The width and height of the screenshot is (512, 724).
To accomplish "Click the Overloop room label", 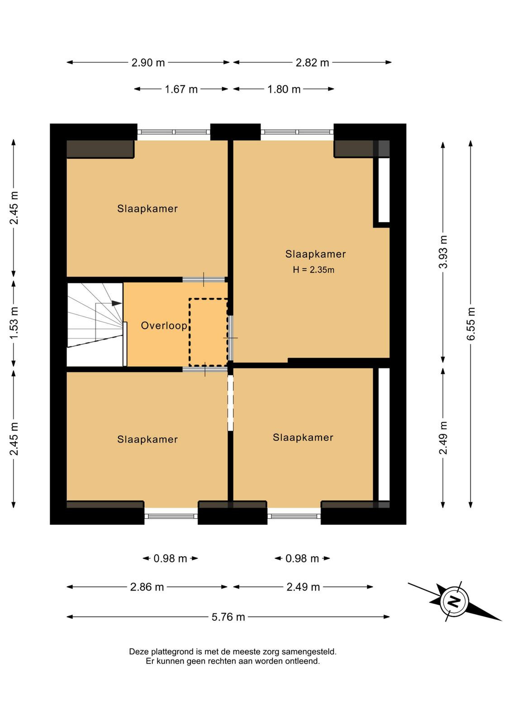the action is point(164,325).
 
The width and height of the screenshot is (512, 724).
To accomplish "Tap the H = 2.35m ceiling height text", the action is point(313,270).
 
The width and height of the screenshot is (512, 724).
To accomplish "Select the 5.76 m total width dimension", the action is point(228,617).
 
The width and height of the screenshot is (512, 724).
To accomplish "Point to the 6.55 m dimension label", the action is point(471,324).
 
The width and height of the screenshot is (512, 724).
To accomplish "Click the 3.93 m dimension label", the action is point(443,252).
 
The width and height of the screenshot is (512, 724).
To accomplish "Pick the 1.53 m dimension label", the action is point(14,323).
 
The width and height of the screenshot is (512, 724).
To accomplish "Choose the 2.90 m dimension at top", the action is point(148,62).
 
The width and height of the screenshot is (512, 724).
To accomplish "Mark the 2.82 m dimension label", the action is point(313,62).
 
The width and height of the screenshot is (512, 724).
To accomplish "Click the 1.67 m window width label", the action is point(181,89).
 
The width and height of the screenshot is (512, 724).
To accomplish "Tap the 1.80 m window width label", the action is point(284,89).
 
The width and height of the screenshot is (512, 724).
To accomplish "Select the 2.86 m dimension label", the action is point(147,586).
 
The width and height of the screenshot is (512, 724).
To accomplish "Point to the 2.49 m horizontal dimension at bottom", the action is point(303,586).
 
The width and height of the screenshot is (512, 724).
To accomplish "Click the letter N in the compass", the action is point(455,601).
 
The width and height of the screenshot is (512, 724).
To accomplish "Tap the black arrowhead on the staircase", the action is point(117,303).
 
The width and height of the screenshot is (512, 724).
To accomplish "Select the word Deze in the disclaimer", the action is point(138,652).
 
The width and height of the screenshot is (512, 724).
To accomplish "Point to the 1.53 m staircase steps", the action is point(95,324).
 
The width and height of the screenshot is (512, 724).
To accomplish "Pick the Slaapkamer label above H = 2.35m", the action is point(315,254).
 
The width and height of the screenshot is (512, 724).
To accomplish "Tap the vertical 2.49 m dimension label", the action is point(443,438).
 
